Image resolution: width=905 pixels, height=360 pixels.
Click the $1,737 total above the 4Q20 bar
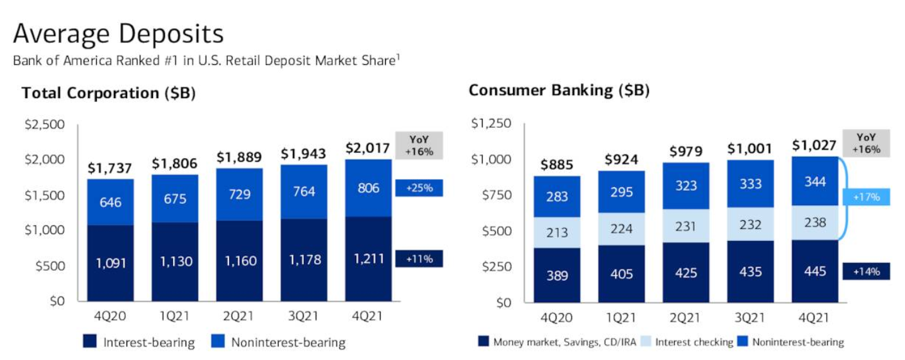[110, 168]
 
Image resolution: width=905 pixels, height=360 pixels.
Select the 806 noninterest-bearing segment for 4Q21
[368, 188]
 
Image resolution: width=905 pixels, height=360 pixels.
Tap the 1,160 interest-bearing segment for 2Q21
[239, 261]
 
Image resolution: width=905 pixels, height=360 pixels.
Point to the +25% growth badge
[419, 188]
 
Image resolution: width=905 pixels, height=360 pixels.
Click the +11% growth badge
[419, 259]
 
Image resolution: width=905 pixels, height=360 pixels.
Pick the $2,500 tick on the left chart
[45, 124]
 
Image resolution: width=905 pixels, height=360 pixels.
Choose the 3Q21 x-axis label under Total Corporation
[303, 316]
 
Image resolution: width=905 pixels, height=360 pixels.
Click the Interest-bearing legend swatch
[90, 341]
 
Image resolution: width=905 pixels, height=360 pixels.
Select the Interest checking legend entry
[687, 342]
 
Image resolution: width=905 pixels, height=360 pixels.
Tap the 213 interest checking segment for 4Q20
[557, 233]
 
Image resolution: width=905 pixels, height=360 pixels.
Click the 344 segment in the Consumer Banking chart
[815, 181]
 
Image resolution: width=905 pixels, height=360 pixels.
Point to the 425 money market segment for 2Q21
[685, 273]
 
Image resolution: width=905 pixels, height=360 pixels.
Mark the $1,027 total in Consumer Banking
[814, 145]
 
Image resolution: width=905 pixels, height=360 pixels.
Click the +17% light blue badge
[866, 197]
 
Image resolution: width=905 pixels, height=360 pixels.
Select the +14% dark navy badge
[866, 271]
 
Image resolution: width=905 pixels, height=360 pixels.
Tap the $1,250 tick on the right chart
[492, 123]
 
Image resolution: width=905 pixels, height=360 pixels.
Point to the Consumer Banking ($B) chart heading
[559, 90]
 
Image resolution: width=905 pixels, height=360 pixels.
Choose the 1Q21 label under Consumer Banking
[621, 318]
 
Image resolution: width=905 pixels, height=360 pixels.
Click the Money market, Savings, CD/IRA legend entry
[557, 342]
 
